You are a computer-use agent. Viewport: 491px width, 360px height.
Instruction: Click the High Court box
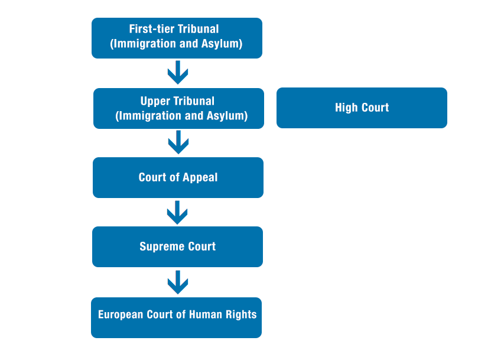[362, 108]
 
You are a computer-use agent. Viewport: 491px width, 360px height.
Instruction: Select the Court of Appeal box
[178, 177]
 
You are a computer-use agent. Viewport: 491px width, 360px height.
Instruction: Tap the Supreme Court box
[177, 247]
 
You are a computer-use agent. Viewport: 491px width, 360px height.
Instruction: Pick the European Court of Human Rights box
[176, 317]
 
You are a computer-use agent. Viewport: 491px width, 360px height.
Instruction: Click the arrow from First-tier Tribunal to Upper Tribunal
[177, 73]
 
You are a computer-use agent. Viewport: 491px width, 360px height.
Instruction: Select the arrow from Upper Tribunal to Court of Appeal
[178, 142]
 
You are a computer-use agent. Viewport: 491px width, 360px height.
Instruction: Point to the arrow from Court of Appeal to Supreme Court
[177, 212]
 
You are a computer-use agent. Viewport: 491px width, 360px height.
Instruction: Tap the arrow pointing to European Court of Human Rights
[177, 282]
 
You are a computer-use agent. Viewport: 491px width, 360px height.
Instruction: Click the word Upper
[155, 101]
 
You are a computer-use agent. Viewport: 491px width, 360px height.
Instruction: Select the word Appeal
[200, 177]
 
